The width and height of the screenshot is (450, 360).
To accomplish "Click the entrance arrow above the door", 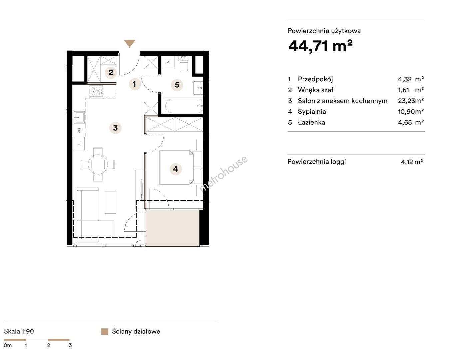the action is click(129, 43).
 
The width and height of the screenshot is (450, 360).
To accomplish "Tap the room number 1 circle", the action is click(134, 84).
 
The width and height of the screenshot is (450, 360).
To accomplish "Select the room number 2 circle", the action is click(111, 73).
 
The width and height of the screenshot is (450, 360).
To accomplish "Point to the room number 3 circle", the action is click(115, 128).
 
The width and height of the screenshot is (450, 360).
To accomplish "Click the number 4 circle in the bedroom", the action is click(176, 169).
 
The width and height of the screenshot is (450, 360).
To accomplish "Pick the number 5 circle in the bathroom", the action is click(177, 85).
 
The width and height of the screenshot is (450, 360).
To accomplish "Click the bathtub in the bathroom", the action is click(184, 106).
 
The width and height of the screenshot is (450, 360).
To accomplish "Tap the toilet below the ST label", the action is click(184, 66).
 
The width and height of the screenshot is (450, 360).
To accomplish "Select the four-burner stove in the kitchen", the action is click(96, 91).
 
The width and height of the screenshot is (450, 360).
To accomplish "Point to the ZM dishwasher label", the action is click(79, 131).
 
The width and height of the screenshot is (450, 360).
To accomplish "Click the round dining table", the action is click(98, 164).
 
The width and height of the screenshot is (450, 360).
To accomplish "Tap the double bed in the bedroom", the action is click(177, 167).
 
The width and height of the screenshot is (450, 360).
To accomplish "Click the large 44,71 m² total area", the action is click(320, 46).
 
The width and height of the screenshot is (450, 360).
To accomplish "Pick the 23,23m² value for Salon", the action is click(411, 101).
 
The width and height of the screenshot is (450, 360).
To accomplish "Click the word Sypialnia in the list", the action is click(312, 112).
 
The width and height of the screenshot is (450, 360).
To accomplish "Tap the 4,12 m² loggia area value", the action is click(412, 162).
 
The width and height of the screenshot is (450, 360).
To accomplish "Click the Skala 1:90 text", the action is click(19, 331).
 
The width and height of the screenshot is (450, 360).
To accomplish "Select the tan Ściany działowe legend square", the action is click(105, 332).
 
